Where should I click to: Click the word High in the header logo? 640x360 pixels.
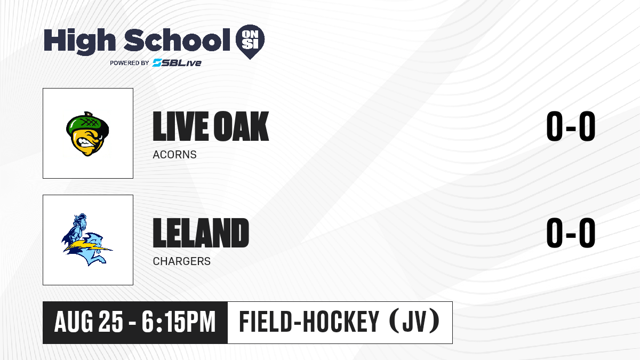79,42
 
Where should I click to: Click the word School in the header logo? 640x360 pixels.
177,40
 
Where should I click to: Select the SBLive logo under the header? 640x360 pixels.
177,63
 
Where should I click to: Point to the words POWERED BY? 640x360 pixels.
130,63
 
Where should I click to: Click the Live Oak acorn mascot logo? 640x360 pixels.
87,134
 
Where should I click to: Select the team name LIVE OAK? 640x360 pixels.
211,126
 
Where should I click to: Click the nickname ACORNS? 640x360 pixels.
174,155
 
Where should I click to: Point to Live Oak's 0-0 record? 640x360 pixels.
571,126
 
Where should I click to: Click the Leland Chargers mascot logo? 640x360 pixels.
87,239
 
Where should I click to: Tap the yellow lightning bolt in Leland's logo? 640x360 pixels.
88,246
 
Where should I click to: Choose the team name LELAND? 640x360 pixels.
201,233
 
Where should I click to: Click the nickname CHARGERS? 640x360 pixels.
182,261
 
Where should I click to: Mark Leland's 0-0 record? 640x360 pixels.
571,233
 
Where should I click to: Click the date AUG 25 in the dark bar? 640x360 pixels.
89,322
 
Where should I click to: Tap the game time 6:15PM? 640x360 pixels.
179,322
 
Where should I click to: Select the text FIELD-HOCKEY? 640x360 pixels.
309,322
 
